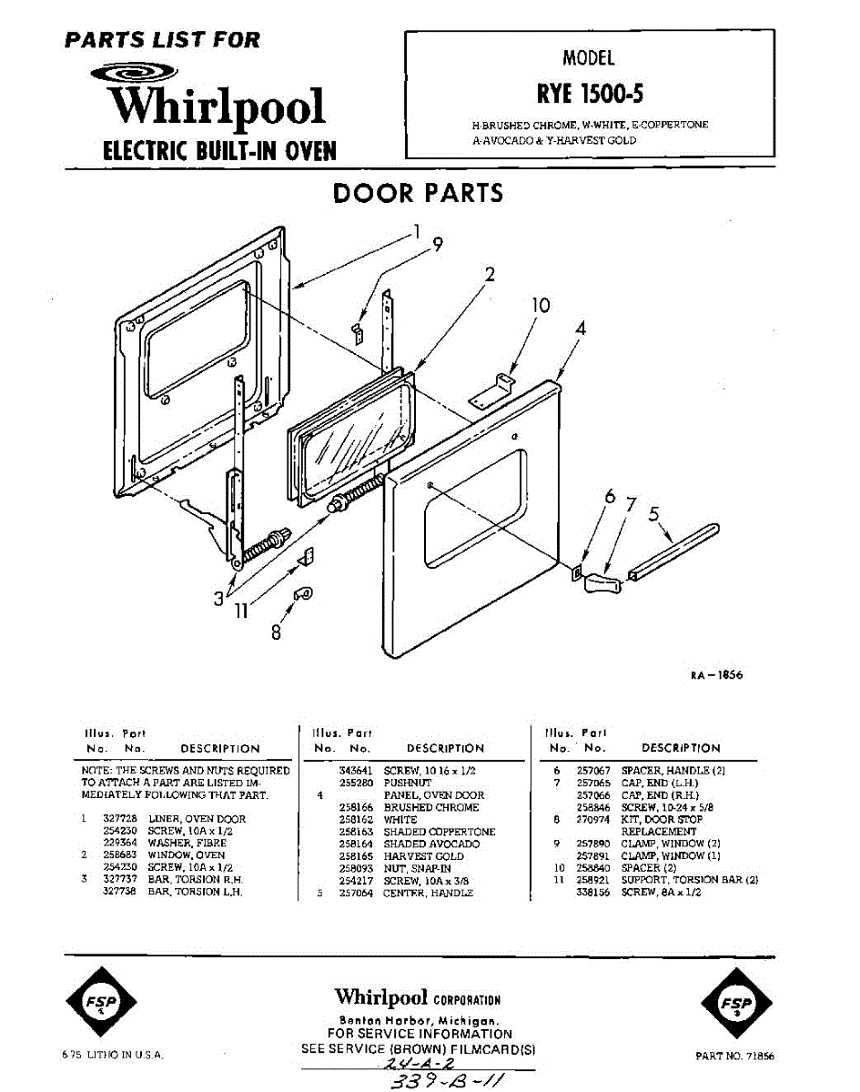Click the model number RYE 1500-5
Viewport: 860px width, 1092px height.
coord(589,94)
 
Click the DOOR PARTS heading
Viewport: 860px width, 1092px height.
coord(418,194)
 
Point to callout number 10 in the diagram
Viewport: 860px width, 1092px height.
coord(541,306)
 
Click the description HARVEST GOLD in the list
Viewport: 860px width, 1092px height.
coord(424,856)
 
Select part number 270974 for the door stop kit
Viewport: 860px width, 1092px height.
coord(592,819)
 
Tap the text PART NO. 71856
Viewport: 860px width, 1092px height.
coord(734,1057)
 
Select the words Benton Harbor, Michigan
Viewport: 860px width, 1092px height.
coord(419,1020)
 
